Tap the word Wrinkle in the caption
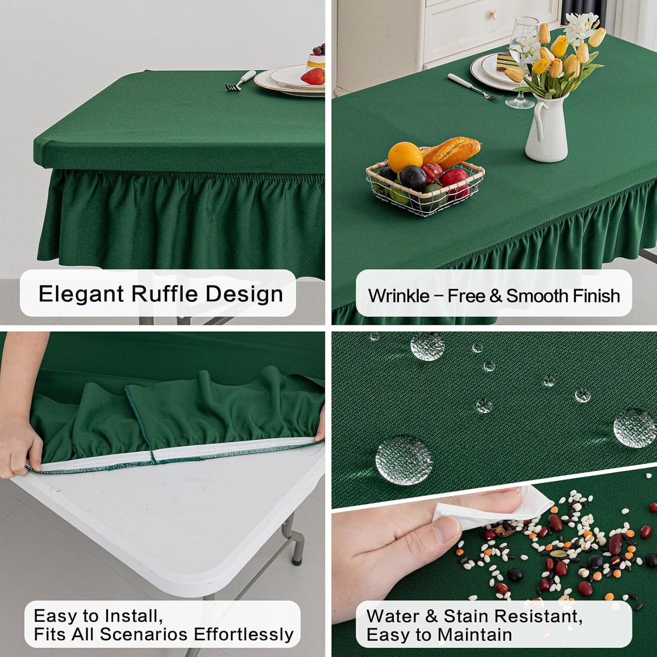point(399,296)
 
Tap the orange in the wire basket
point(405,157)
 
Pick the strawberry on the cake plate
point(313,76)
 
